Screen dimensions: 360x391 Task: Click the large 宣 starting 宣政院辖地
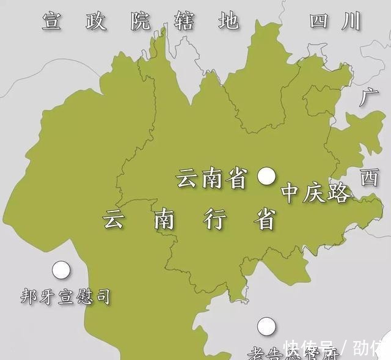pos(53,21)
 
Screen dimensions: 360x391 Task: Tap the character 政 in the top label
pos(96,21)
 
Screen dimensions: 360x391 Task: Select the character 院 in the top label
pos(141,21)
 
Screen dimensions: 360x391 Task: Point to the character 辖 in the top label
pos(185,22)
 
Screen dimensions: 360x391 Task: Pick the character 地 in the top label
pos(228,22)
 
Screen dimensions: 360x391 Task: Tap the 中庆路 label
pos(316,194)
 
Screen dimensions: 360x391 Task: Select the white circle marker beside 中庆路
pos(266,177)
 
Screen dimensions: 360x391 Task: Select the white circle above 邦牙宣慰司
pos(60,269)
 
